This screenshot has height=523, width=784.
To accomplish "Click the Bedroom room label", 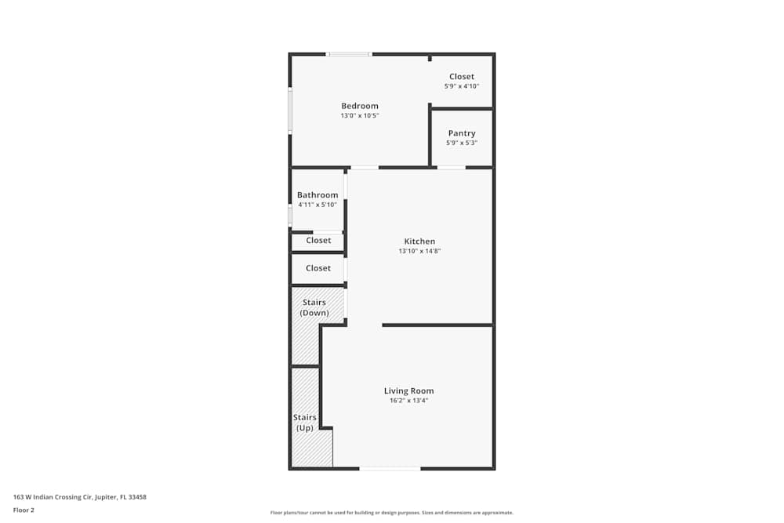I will point(360,106).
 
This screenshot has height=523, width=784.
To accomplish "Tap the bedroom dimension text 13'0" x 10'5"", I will point(360,116).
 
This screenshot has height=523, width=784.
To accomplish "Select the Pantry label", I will point(462,133).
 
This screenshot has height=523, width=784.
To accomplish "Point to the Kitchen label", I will point(419,242).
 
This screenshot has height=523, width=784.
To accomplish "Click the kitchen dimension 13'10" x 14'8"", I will point(419,252).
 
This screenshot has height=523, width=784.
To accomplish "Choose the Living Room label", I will point(408,390).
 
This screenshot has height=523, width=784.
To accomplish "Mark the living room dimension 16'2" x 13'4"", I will point(408,401).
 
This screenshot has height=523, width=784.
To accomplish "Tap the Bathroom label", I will point(318,195).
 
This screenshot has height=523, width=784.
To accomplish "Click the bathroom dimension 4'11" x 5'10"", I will point(318,205).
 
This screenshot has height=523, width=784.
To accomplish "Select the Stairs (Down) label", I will point(314,307).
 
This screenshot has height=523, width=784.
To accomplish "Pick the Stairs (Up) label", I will point(304,423).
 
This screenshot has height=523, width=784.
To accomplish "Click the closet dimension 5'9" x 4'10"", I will point(462,86).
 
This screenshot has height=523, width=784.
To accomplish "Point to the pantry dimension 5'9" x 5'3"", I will point(462,143).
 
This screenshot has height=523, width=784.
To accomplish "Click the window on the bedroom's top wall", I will point(349,54).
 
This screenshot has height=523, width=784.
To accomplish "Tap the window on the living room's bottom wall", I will point(390,469).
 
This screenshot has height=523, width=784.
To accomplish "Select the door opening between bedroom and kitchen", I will point(365,167).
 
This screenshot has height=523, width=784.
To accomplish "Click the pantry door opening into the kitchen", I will point(452,167).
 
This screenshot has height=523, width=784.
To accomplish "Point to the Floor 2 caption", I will point(24,510).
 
